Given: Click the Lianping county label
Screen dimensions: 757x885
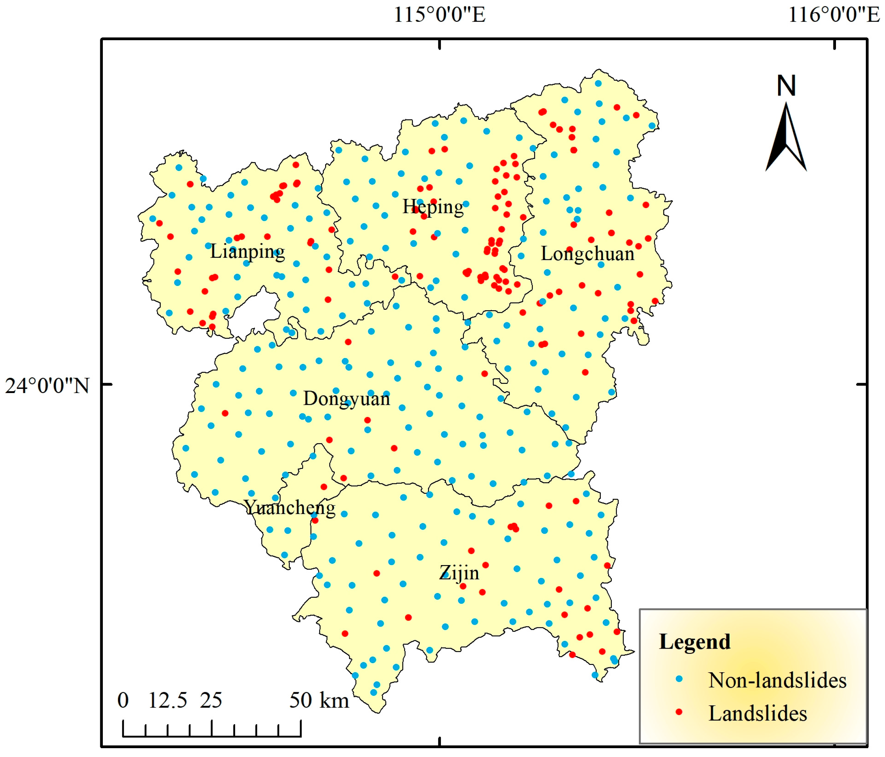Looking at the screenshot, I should tap(247, 252).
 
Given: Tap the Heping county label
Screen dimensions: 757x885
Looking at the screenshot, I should tap(433, 207).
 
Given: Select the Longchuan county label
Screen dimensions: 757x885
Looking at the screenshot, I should tap(587, 254).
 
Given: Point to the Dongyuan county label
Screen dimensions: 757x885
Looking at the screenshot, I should tap(346, 399).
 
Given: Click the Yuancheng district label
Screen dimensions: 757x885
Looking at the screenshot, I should tap(290, 508).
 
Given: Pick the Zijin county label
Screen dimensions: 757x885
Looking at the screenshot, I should tap(459, 573).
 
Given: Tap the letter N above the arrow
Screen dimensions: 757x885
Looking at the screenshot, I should tap(786, 86).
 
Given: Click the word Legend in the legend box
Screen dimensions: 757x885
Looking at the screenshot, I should tap(694, 642).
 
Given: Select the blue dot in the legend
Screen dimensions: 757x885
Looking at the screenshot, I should tap(679, 679).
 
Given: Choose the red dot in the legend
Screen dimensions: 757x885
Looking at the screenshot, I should tap(679, 712).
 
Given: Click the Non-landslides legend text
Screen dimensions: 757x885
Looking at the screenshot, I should tap(777, 680).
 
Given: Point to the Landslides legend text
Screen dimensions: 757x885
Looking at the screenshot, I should tap(757, 713).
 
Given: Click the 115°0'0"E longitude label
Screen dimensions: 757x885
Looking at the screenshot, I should tap(439, 15).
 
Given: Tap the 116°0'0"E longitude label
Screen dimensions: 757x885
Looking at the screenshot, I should tap(834, 15).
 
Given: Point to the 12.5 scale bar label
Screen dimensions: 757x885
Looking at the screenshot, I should tap(167, 701).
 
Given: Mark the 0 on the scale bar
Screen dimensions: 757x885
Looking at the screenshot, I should tap(123, 701).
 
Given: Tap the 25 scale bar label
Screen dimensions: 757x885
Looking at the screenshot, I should tap(211, 701).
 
